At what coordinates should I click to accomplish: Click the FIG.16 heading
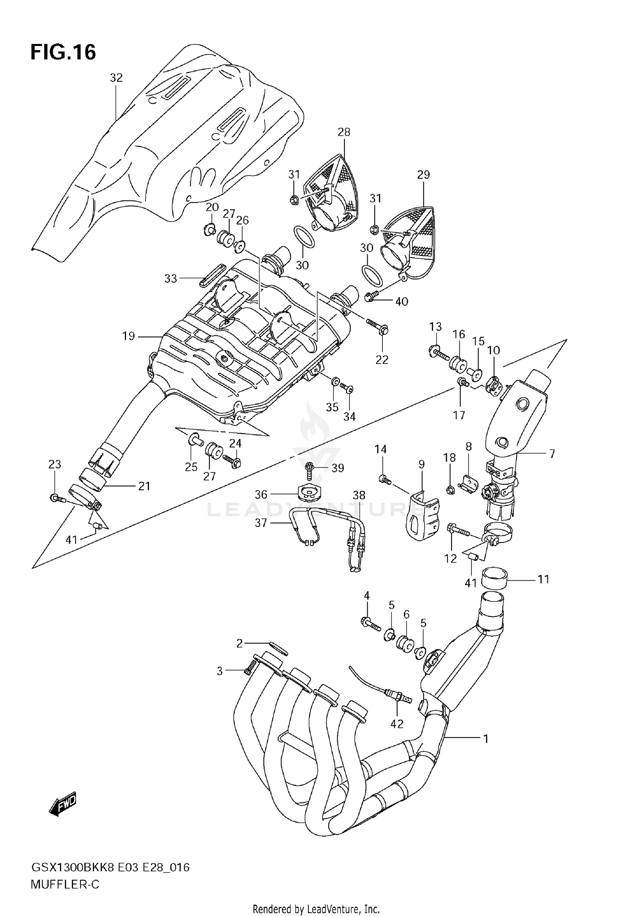click(63, 52)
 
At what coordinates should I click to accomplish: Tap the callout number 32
click(116, 78)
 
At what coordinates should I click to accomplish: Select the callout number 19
click(128, 336)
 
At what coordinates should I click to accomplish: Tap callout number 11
click(544, 579)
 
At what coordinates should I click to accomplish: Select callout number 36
click(261, 494)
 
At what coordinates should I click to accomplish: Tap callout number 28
click(344, 132)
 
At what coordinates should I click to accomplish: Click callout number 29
click(423, 174)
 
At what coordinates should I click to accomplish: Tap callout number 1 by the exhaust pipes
click(486, 739)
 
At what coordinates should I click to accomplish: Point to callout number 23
click(55, 464)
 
